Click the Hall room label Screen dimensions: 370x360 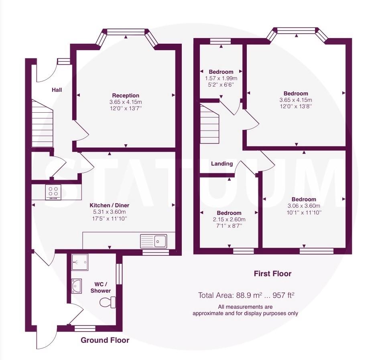coord(57,90)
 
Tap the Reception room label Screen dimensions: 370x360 coord(126,95)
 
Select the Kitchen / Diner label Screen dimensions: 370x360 coord(110,205)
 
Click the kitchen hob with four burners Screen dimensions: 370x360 coord(53,192)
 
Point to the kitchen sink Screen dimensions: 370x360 coord(153,241)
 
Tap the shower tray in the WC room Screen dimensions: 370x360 coord(79,262)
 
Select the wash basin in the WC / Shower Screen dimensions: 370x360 coord(77,286)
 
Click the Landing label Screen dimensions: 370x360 coord(222,164)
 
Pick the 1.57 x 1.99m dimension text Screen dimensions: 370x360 coord(221,78)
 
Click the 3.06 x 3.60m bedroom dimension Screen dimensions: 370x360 coord(304,206)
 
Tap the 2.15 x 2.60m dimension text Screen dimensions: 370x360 coord(229,220)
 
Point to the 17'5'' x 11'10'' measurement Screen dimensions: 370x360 coord(110,218)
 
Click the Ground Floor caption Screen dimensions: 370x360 coord(105,340)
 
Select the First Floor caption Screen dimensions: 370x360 coord(272,274)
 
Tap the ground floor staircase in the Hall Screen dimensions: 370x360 coord(42,123)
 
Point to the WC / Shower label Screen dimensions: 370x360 coord(100,287)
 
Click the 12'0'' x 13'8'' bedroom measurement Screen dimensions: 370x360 coord(296,106)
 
